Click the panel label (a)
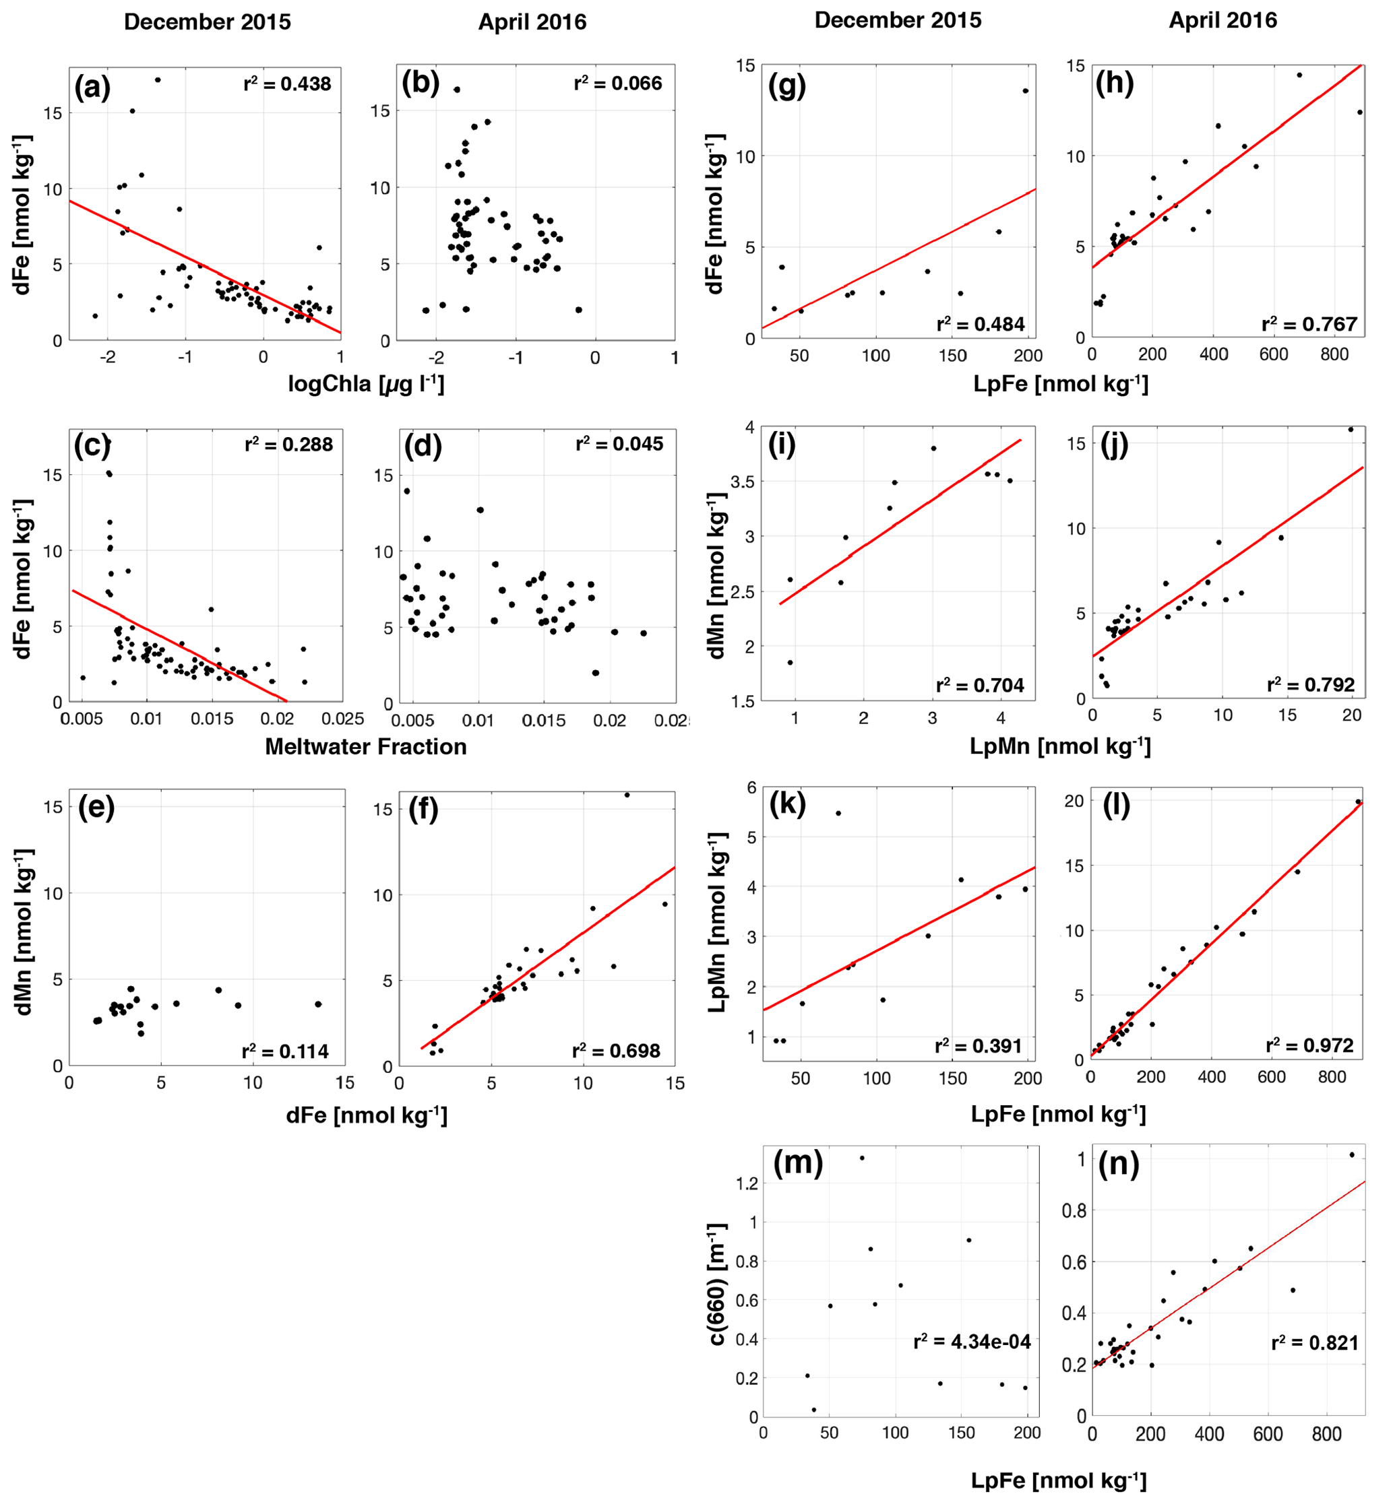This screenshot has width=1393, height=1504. tap(92, 88)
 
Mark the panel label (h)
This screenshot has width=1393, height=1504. tap(1114, 84)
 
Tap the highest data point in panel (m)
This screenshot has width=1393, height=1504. tap(863, 1158)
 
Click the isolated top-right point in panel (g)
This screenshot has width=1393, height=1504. tap(1025, 91)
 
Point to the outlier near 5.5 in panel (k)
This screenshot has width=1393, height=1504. tap(838, 813)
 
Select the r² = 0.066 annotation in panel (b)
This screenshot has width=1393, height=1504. tap(617, 83)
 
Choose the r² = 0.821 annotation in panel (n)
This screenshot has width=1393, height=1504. tap(1315, 1343)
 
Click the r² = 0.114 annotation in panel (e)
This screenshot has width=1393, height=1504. tap(285, 1051)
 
